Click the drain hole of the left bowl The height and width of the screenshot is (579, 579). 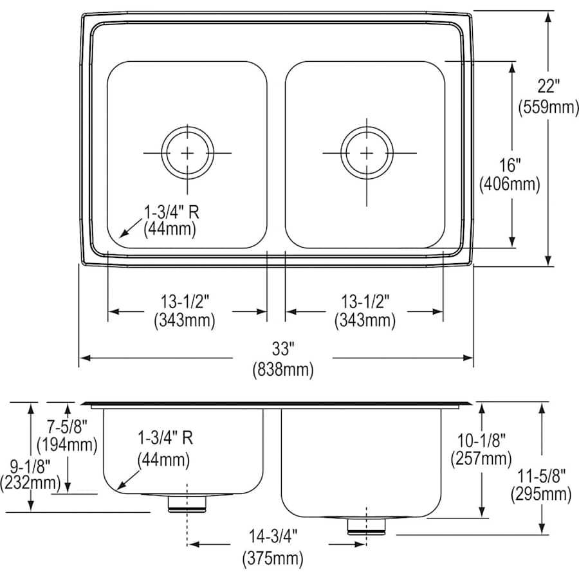click(187, 153)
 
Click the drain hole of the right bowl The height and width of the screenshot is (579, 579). click(366, 153)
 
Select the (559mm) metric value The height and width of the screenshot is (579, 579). click(548, 107)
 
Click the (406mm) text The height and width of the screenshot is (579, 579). click(510, 184)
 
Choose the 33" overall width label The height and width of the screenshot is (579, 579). click(282, 349)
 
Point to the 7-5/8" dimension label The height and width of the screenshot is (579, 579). click(67, 425)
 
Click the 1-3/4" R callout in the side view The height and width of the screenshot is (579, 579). click(164, 438)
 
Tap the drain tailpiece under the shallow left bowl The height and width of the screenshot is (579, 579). click(187, 504)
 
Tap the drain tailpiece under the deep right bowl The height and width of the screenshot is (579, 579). click(365, 525)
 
